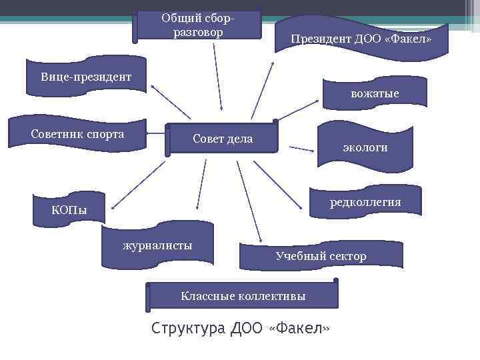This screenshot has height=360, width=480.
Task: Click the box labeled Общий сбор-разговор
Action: coord(197,25)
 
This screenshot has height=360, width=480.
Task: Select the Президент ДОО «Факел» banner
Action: coord(361,39)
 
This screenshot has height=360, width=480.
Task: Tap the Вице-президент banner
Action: coord(85,77)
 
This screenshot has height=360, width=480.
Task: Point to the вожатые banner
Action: coord(375,94)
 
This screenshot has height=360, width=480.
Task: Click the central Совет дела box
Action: coord(222,139)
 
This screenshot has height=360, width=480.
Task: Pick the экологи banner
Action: coord(365,147)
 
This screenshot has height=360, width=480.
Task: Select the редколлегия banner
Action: coord(365,202)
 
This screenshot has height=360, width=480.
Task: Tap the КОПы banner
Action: coord(69,211)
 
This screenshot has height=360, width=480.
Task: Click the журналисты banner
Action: coord(157,245)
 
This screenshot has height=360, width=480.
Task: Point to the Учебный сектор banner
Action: coord(321,256)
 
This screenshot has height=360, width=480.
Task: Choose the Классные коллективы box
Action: coord(243,295)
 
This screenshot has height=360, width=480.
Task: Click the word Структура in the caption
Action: coord(188,329)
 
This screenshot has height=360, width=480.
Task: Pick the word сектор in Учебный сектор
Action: coord(348,256)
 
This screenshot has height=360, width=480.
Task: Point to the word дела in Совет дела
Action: coord(240,139)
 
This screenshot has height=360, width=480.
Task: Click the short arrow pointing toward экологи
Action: coord(301,149)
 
